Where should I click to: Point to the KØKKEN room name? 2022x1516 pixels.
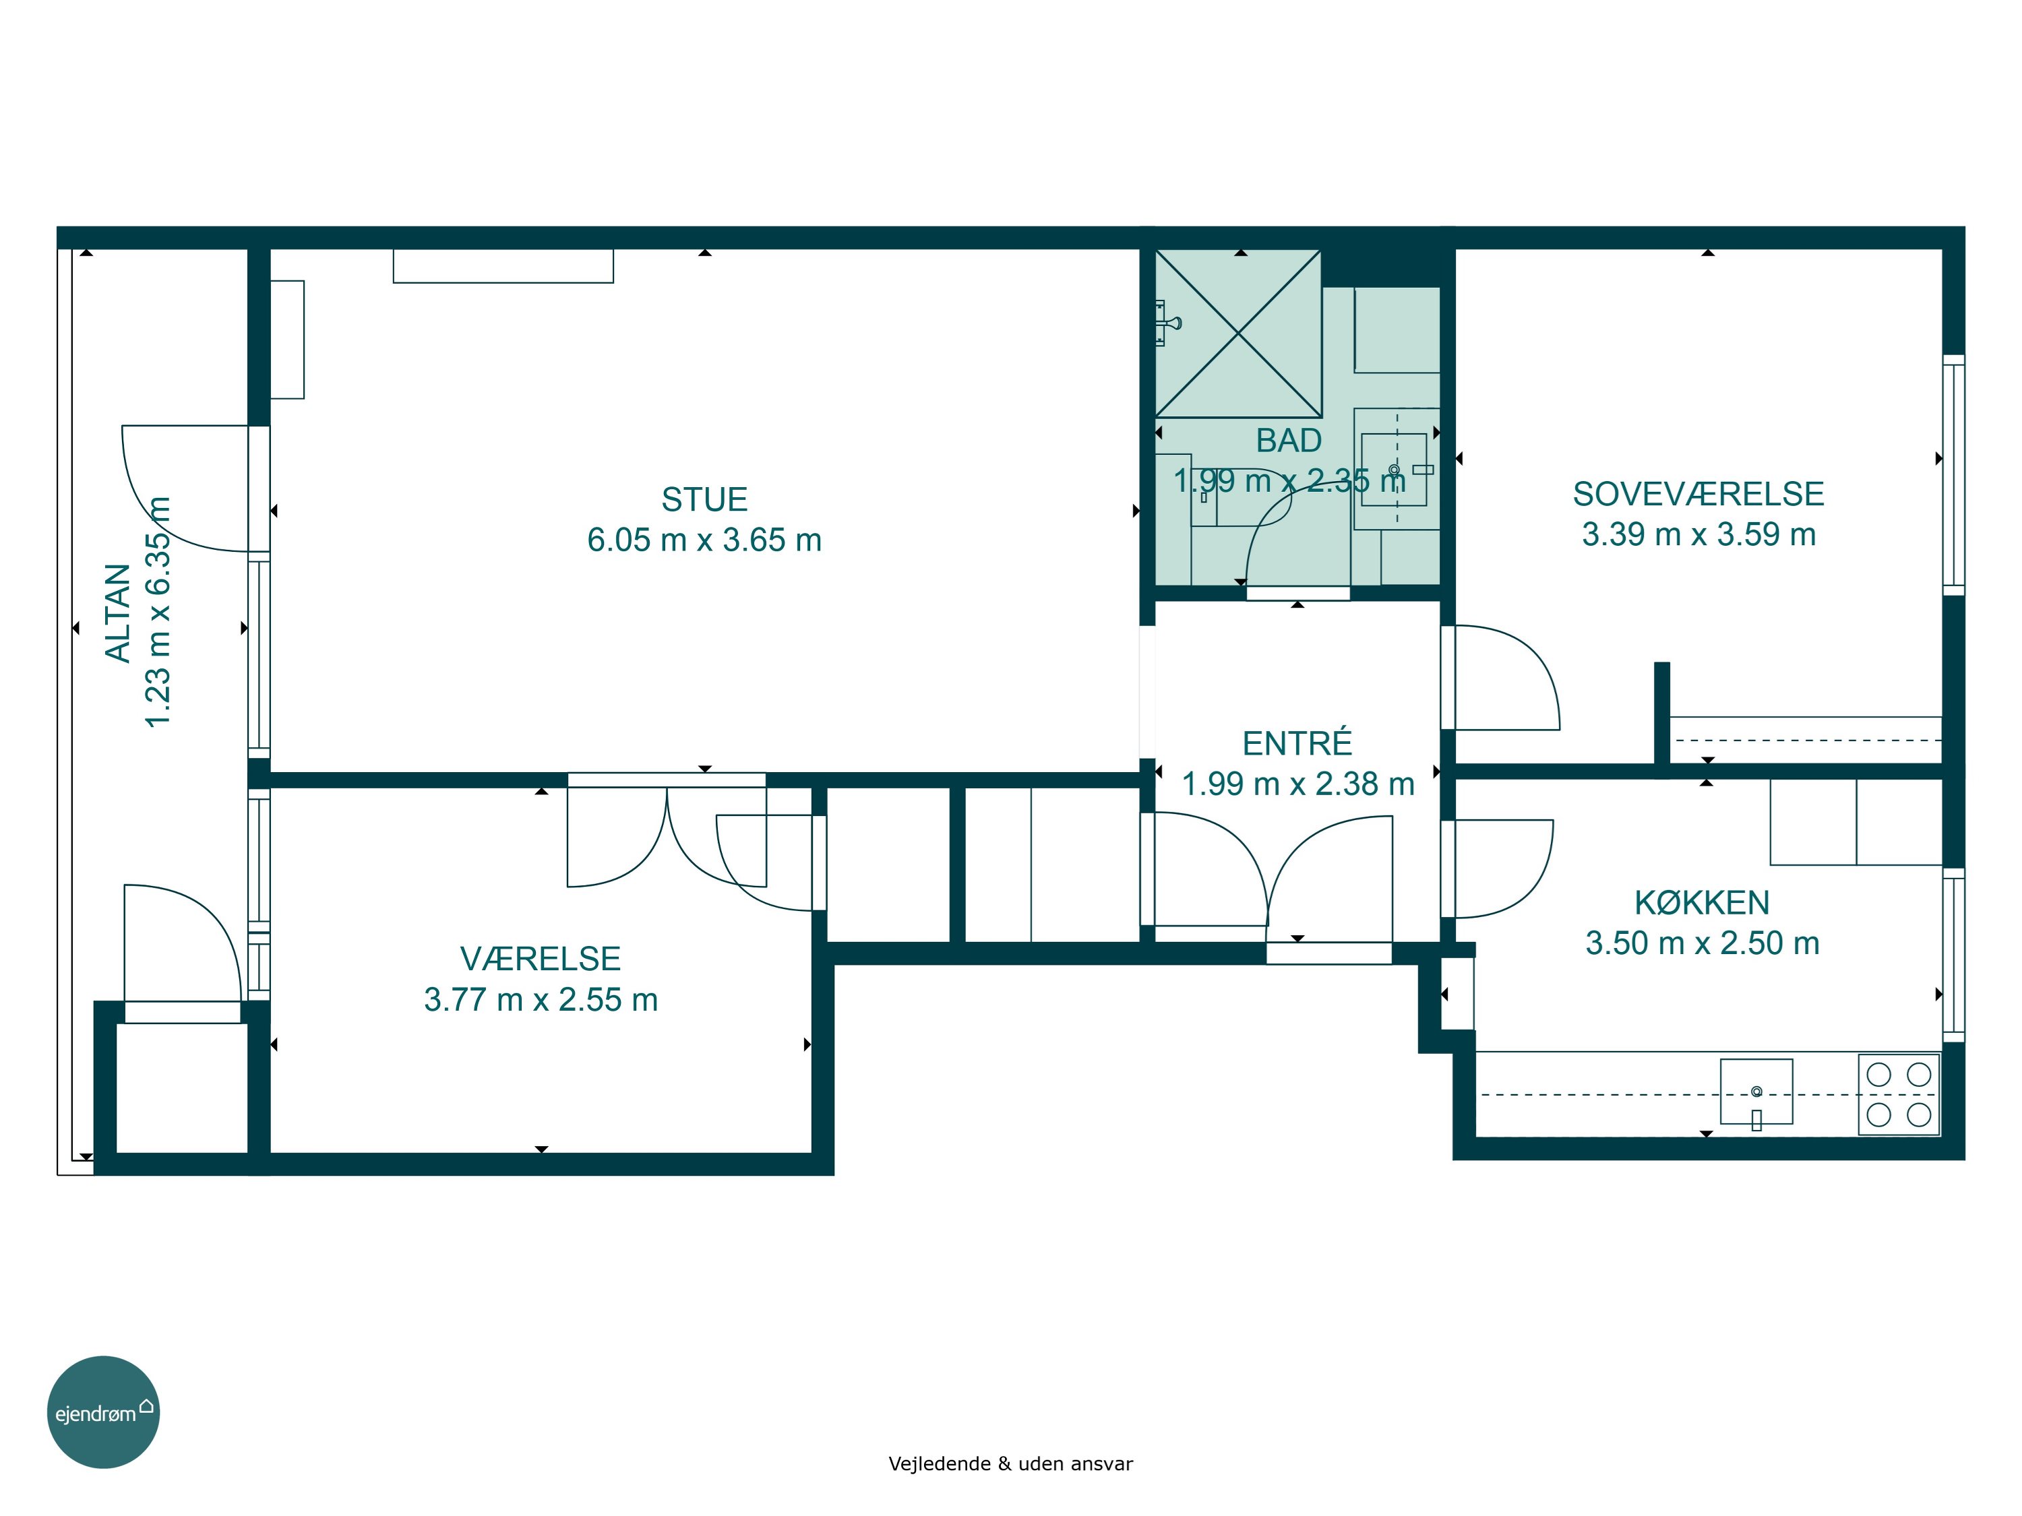pos(1702,902)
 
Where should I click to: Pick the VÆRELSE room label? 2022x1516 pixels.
pos(541,959)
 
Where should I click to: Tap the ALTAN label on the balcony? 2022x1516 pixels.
pos(118,612)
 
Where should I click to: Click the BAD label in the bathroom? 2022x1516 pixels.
pos(1289,441)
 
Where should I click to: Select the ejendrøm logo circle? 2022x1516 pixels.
pos(103,1412)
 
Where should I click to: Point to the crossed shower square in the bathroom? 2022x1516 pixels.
pos(1237,334)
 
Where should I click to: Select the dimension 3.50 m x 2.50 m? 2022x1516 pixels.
pos(1702,943)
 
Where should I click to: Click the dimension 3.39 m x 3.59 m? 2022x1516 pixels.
pos(1698,534)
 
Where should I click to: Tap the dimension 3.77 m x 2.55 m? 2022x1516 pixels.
pos(541,1000)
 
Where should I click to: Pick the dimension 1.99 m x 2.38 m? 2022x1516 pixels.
pos(1298,784)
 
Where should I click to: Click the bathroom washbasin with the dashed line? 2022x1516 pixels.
pos(1394,469)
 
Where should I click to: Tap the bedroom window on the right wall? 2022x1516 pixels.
pos(1953,475)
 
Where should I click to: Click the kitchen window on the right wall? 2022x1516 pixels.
pos(1953,955)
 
